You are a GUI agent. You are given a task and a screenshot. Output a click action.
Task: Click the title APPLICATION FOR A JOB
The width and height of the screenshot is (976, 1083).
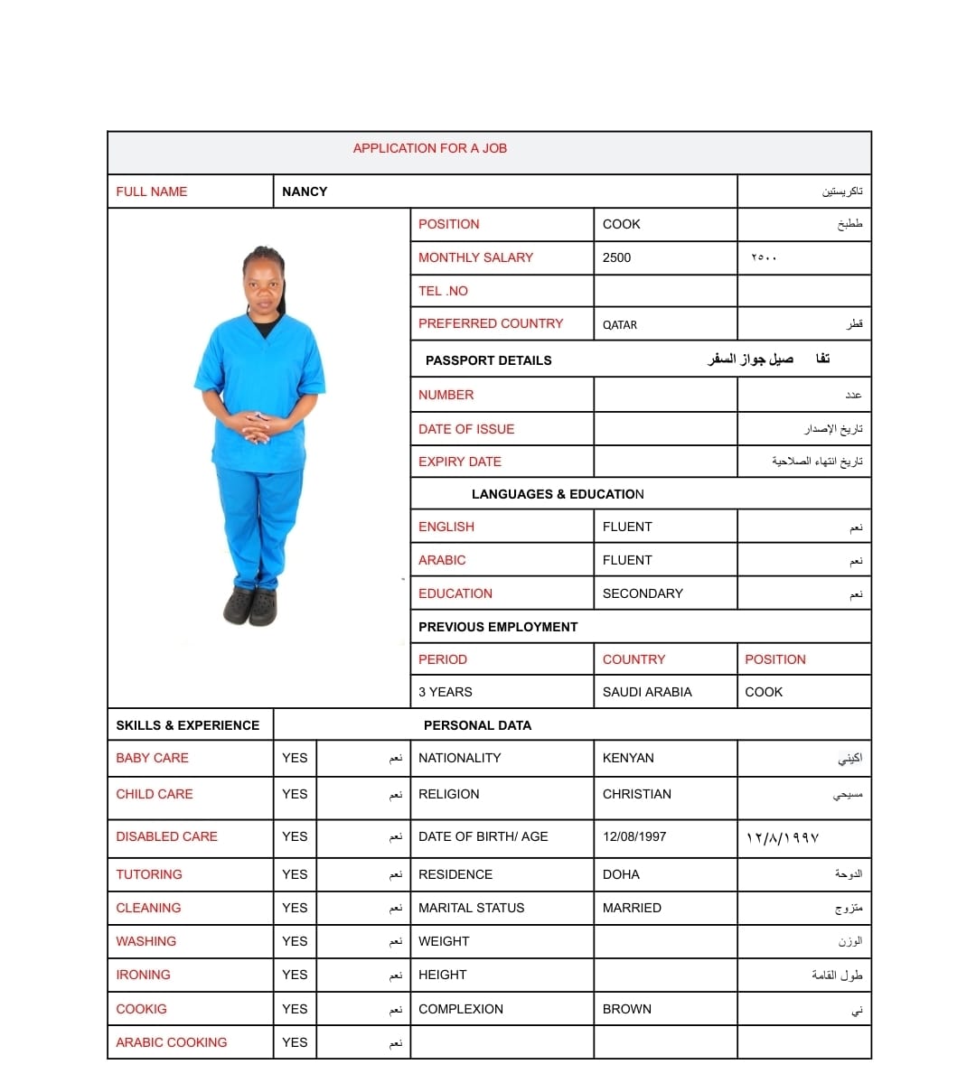coord(429,148)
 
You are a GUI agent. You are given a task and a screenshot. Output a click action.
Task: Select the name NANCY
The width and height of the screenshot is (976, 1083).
coord(305,191)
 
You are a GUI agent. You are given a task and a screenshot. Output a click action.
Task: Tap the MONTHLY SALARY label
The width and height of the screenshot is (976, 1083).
coord(475,257)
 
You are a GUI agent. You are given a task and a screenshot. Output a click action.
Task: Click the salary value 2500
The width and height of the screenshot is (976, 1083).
coord(616,257)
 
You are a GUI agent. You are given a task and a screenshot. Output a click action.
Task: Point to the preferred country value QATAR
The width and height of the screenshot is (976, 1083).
coord(620,324)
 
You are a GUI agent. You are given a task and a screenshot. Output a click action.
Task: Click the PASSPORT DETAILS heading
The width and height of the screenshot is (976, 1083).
coord(488,360)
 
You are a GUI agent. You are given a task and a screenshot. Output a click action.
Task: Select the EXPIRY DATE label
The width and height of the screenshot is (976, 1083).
coord(459,462)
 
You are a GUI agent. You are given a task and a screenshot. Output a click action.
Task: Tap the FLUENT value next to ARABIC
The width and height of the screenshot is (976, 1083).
coord(627,560)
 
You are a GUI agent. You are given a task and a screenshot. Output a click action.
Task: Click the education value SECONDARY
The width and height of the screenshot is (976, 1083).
coord(643,593)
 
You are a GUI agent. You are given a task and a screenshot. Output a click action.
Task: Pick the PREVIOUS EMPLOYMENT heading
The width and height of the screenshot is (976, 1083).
coord(498,627)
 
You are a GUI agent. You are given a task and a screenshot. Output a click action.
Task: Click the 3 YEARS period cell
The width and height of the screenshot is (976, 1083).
coord(445,692)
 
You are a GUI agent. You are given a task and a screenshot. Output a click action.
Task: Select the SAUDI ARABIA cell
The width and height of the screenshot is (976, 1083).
coord(647,692)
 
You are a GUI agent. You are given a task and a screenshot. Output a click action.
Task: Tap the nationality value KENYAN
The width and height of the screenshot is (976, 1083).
coord(628,758)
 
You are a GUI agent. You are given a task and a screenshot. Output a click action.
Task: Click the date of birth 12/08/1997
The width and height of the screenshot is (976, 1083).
coord(634,836)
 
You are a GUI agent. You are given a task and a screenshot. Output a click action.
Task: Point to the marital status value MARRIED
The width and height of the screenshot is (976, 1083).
coord(632,908)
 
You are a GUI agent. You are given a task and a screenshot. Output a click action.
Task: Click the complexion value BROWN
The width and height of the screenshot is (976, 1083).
coord(626,1009)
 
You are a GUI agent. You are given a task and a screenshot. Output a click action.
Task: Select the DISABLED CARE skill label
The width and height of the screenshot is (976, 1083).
coord(166,836)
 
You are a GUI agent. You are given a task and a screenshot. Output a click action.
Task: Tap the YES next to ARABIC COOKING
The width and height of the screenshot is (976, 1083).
coord(295,1042)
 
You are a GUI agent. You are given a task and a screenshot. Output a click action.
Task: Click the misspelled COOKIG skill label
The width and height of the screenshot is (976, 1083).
coord(141,1009)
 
